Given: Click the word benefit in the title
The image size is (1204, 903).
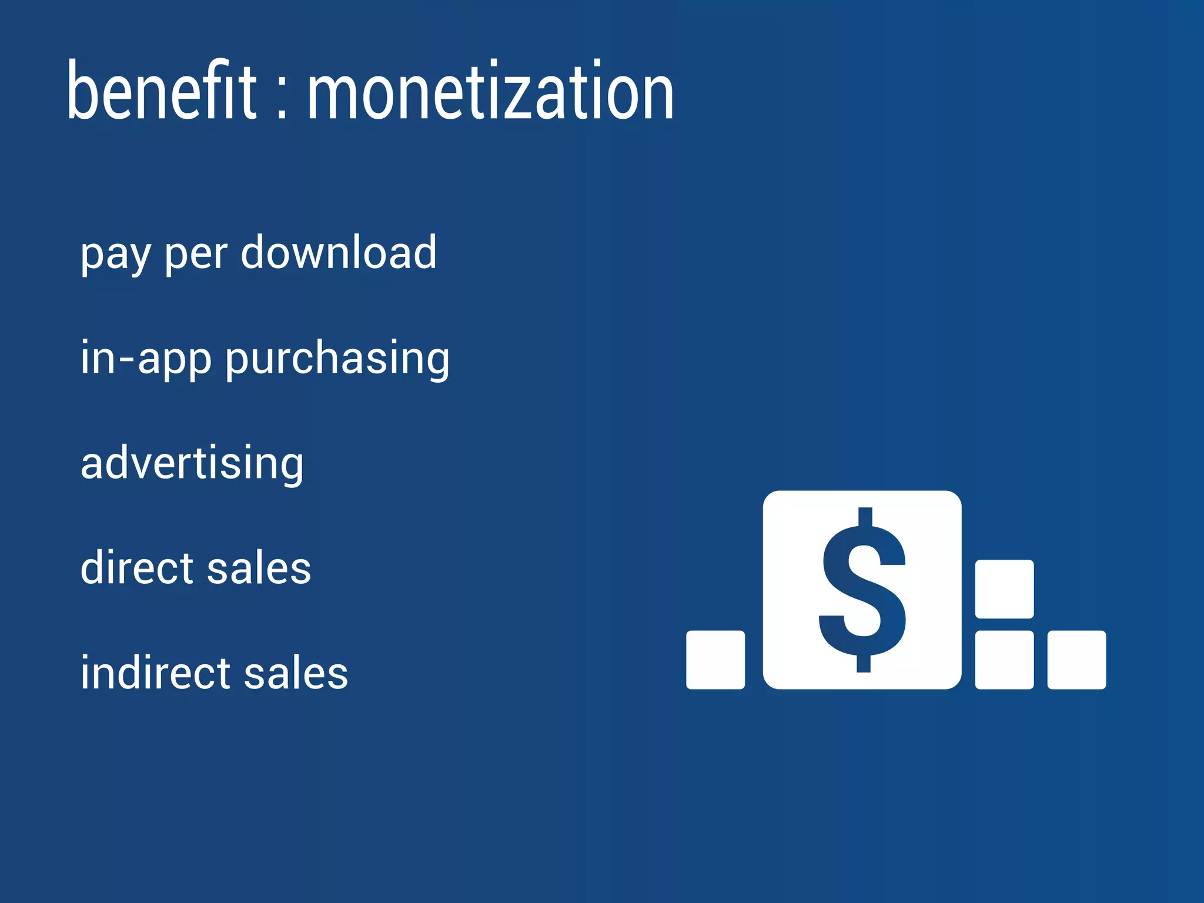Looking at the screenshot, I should (162, 91).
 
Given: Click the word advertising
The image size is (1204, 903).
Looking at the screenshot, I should (192, 463).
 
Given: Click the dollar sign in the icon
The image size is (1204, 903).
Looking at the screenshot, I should (862, 590).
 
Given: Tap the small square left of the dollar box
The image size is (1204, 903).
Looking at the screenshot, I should (715, 660).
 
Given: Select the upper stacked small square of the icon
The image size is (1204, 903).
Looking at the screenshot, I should (1004, 589).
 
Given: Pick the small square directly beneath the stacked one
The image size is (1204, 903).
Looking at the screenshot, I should (1004, 660).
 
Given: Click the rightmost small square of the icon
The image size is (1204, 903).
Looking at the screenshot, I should (1076, 660).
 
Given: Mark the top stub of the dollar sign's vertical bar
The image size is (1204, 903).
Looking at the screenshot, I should (865, 516).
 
